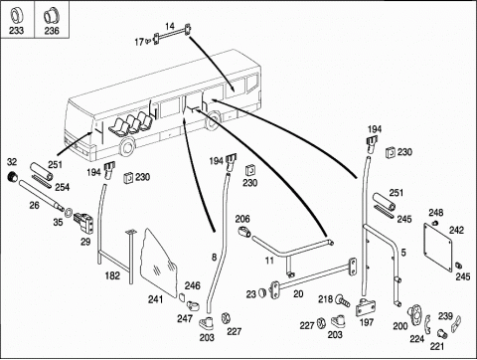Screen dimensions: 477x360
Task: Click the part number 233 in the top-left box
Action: [x=16, y=31]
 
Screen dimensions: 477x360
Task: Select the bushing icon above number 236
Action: [x=51, y=16]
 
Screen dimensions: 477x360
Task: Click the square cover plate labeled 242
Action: [x=438, y=247]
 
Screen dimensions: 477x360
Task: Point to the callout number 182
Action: [x=112, y=275]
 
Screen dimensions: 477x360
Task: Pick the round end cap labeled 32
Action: [x=13, y=177]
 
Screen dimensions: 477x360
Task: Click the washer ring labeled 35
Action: [x=69, y=212]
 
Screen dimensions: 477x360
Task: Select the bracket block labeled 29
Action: [x=83, y=222]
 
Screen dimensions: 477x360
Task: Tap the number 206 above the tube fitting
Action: [x=242, y=219]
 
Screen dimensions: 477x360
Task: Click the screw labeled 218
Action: [x=342, y=301]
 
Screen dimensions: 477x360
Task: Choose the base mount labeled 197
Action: [x=366, y=307]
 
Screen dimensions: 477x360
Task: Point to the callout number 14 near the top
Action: [x=170, y=26]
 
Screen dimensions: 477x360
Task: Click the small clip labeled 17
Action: [x=147, y=41]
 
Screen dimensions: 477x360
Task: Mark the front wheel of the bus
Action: [x=127, y=147]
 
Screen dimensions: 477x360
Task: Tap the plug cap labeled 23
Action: [x=262, y=292]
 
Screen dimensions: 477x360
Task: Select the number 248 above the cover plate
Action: [x=436, y=213]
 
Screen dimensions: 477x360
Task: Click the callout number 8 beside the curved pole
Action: [x=214, y=257]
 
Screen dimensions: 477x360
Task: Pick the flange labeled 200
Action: [x=414, y=315]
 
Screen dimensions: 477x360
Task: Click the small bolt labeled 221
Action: [x=443, y=334]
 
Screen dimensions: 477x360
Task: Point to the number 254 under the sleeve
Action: [x=63, y=187]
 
